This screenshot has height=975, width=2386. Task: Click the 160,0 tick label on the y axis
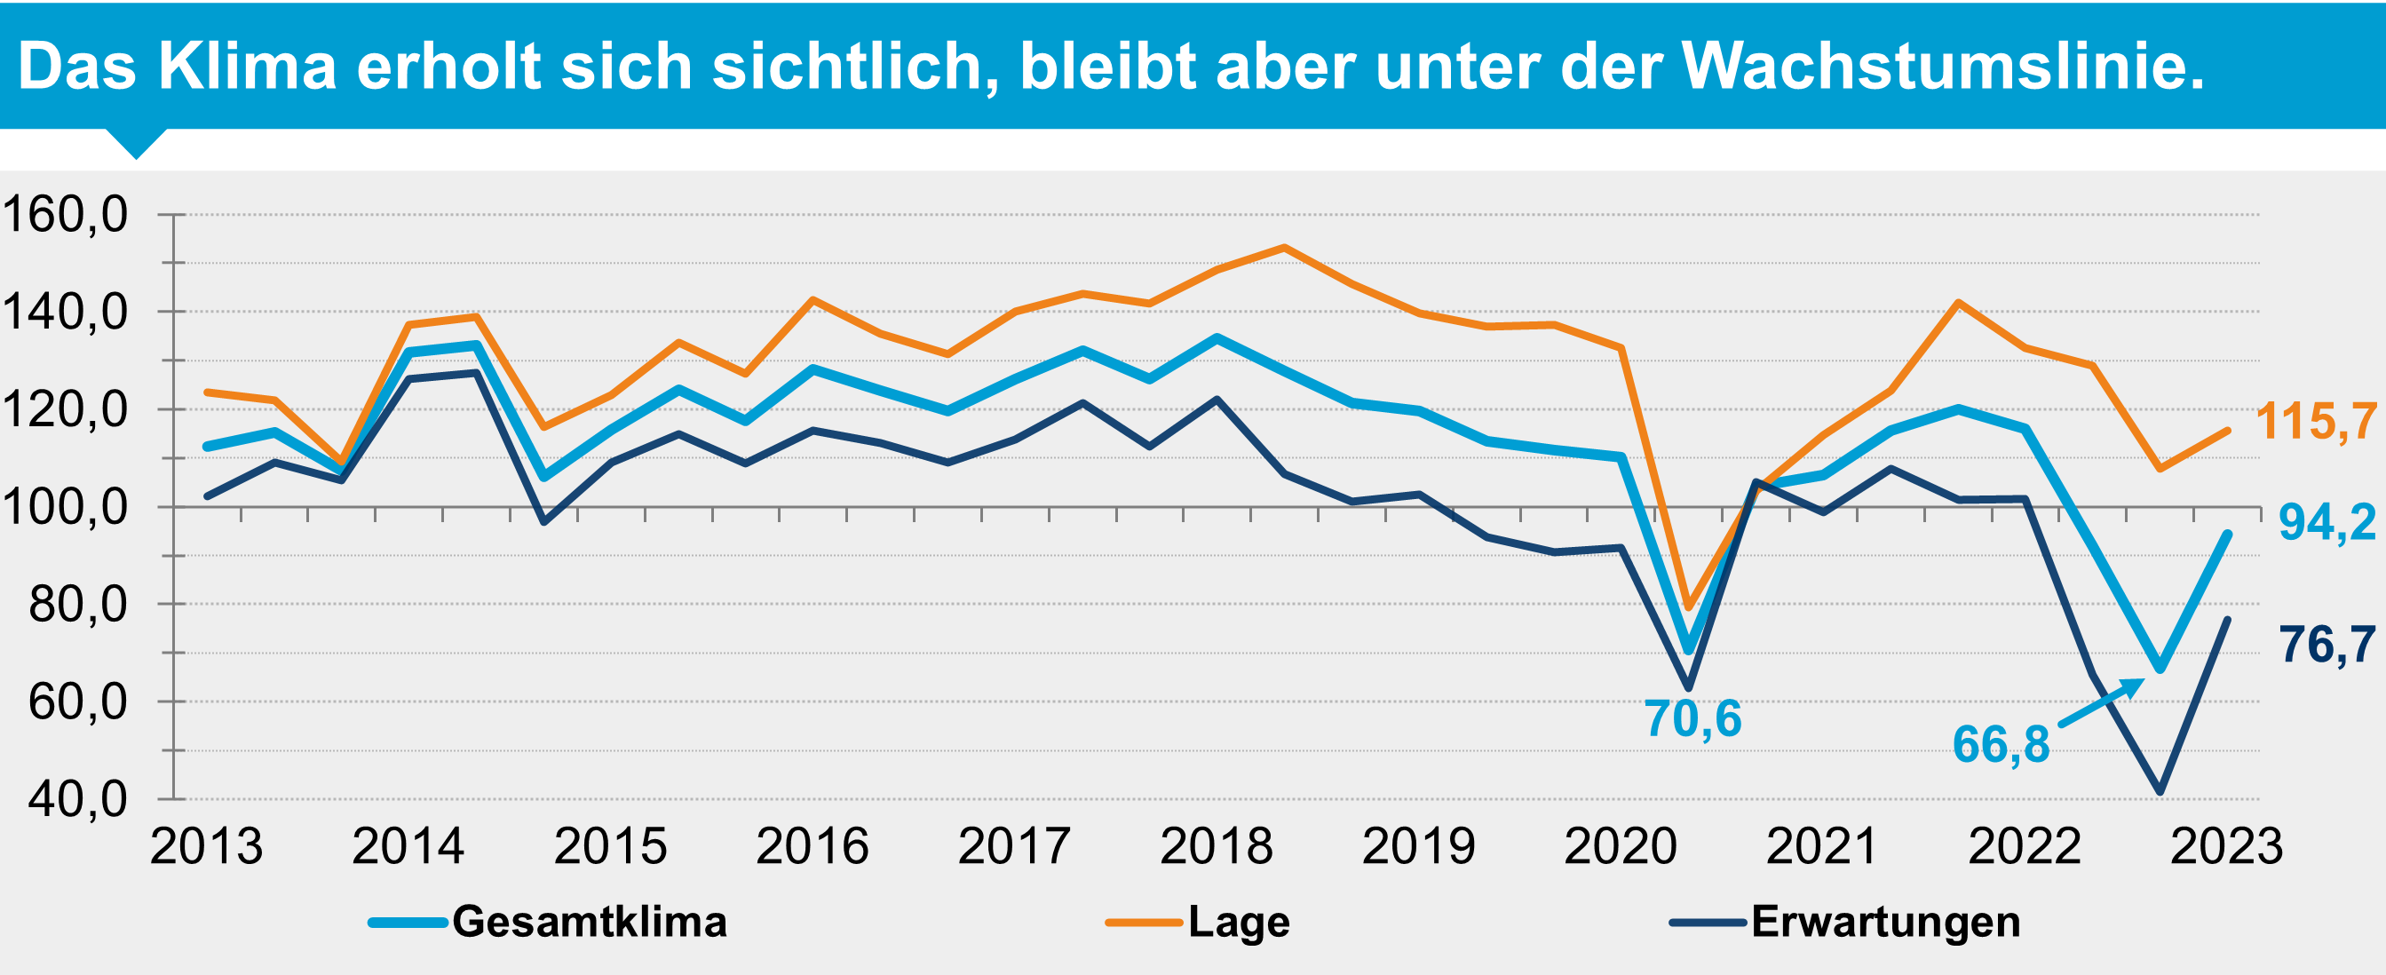click(65, 215)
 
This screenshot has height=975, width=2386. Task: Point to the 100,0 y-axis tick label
click(65, 507)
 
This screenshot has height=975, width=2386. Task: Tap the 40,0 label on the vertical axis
click(78, 799)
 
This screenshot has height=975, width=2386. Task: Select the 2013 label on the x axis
click(206, 846)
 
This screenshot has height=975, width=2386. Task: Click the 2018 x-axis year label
click(1217, 846)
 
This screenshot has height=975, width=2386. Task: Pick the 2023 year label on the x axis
click(2227, 846)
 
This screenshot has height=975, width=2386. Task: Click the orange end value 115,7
click(2316, 422)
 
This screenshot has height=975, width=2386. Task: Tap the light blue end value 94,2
click(2327, 523)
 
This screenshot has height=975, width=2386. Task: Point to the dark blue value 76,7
click(2327, 645)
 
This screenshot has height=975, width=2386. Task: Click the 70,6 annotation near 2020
click(1693, 718)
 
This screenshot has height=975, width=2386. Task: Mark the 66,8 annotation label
click(2001, 744)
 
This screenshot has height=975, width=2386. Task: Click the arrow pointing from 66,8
click(2101, 702)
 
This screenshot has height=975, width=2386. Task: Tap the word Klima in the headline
click(246, 67)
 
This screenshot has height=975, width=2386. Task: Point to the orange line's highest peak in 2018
click(1284, 247)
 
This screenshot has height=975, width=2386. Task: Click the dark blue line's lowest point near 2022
click(2160, 793)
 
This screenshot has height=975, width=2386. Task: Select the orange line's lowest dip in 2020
click(1689, 607)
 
